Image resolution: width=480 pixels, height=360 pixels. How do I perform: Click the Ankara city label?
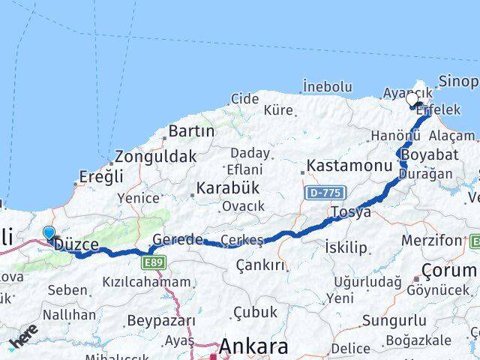click(x=253, y=347)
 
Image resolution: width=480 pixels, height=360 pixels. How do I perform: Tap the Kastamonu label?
click(x=350, y=164)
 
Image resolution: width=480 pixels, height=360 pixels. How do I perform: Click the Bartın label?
click(x=191, y=131)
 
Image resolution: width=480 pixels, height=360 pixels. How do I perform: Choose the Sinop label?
click(x=459, y=81)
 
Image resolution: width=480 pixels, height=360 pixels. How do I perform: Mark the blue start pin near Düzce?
click(x=49, y=233)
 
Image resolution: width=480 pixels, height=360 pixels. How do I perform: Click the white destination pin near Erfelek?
click(x=412, y=99)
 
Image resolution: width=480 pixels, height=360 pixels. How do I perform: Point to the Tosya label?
click(x=352, y=212)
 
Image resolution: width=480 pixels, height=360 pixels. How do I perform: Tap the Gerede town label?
click(x=177, y=240)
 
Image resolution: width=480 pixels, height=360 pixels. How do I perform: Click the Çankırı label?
click(x=260, y=265)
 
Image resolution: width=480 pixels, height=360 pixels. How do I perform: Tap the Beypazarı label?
click(x=161, y=321)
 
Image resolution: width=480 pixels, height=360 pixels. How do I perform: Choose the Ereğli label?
click(x=102, y=178)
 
